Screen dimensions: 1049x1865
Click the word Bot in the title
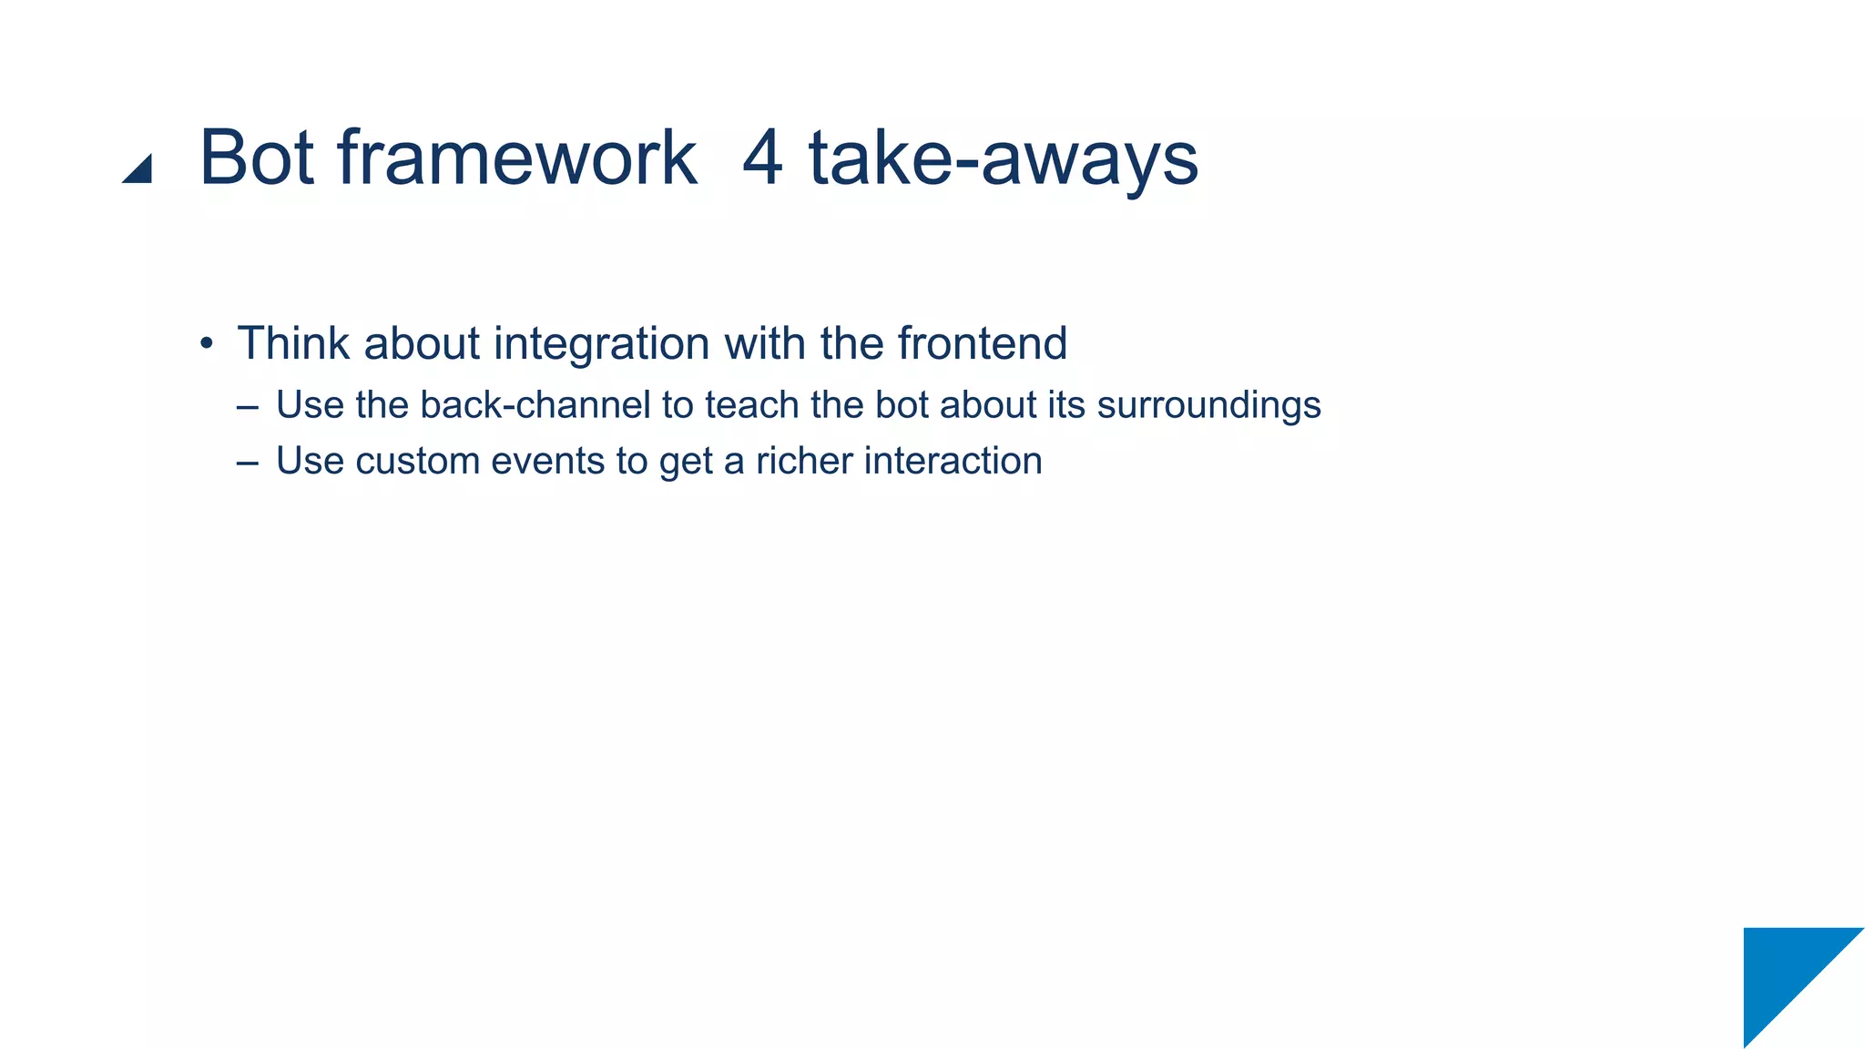point(256,158)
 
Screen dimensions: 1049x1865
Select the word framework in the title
point(516,158)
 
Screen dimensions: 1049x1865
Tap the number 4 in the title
point(762,158)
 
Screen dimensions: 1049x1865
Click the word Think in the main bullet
point(293,343)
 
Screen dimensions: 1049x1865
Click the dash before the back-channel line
point(247,406)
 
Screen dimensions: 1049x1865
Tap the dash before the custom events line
point(247,462)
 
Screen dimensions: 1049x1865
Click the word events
point(547,461)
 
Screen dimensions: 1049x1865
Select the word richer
point(803,461)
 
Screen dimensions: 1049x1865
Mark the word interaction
point(953,461)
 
